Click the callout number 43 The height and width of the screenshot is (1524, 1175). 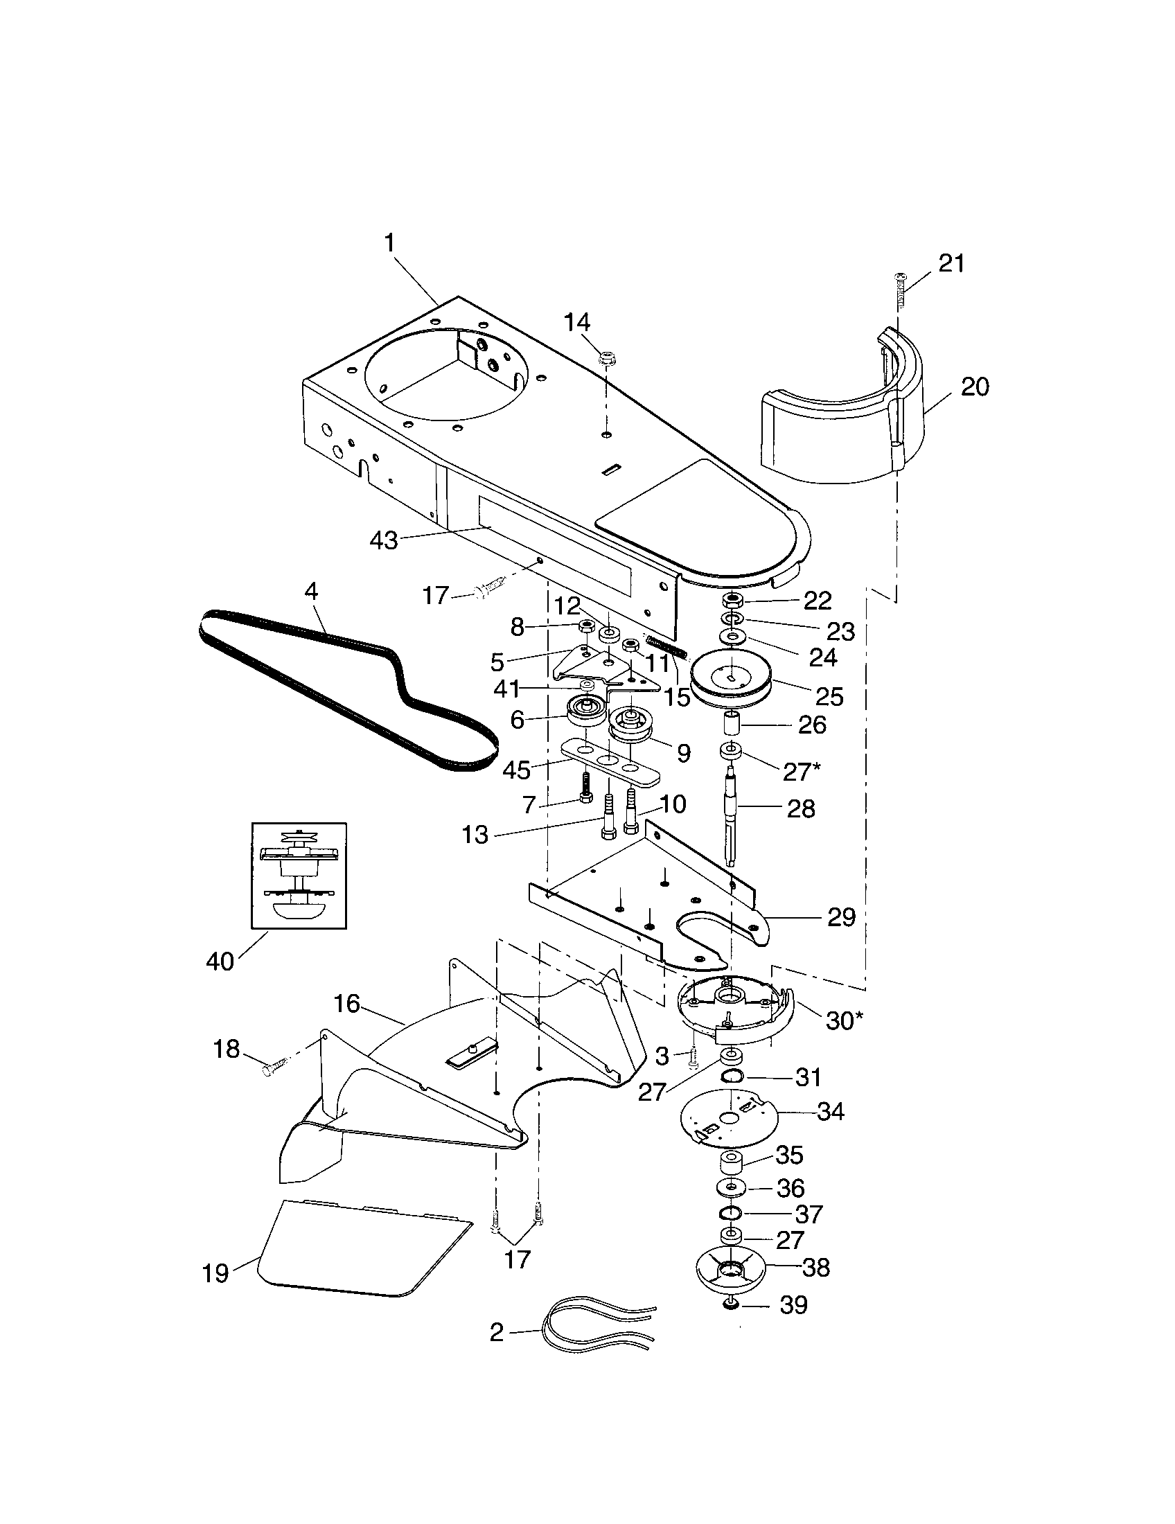384,540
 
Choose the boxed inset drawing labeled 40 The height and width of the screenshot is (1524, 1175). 299,876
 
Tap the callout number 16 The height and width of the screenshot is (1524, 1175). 346,1004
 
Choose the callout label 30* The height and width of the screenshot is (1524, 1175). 844,1020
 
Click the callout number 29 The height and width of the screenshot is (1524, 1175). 841,916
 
